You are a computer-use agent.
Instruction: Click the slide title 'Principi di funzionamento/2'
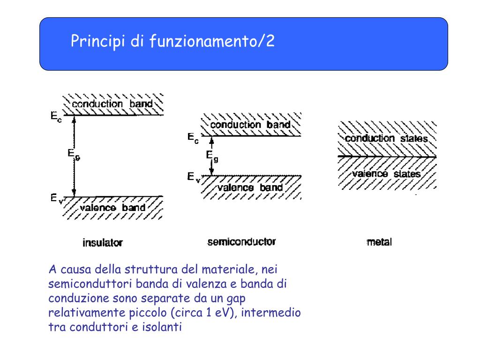172,41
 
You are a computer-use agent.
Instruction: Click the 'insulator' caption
103,243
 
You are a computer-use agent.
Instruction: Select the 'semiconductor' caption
241,242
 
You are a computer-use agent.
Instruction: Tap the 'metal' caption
379,242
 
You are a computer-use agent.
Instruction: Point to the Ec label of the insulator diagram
56,116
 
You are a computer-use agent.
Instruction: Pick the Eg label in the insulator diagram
74,154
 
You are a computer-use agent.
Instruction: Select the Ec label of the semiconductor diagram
193,138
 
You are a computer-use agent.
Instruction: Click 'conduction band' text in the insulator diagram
112,104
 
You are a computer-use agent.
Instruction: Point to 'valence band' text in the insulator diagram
112,208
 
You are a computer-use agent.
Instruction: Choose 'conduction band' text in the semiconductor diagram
250,125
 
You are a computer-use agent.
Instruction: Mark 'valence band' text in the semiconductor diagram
250,187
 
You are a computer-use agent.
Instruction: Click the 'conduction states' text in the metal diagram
386,138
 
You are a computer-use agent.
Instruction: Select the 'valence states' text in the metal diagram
386,174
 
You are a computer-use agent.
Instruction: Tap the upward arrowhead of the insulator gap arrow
74,120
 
